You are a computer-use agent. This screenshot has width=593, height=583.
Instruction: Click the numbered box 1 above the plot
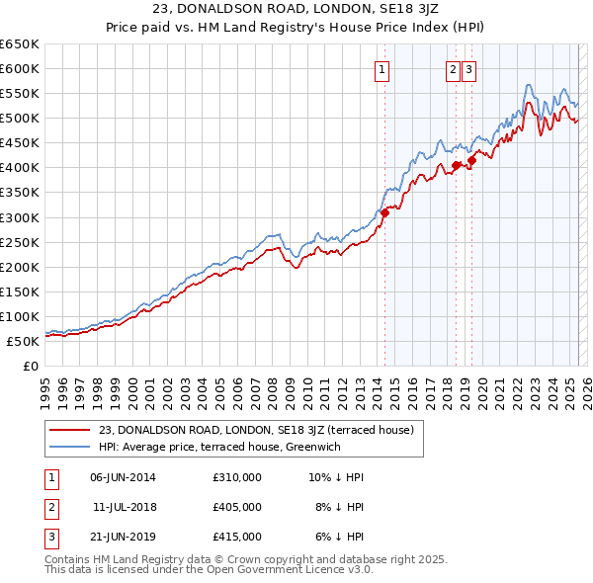coord(381,69)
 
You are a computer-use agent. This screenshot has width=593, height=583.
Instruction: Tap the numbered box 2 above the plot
coord(453,69)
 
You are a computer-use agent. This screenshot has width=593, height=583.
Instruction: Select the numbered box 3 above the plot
coord(467,69)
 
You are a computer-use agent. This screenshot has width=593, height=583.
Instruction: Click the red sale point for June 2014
coord(385,211)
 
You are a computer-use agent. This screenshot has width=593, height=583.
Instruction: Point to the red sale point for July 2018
coord(456,165)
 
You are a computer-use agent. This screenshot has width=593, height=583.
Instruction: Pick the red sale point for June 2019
coord(472,160)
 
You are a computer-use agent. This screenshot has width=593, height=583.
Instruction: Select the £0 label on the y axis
coord(30,366)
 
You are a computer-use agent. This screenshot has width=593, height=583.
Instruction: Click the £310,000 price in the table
coord(236,477)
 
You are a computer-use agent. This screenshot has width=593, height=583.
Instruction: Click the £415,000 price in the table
coord(236,537)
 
